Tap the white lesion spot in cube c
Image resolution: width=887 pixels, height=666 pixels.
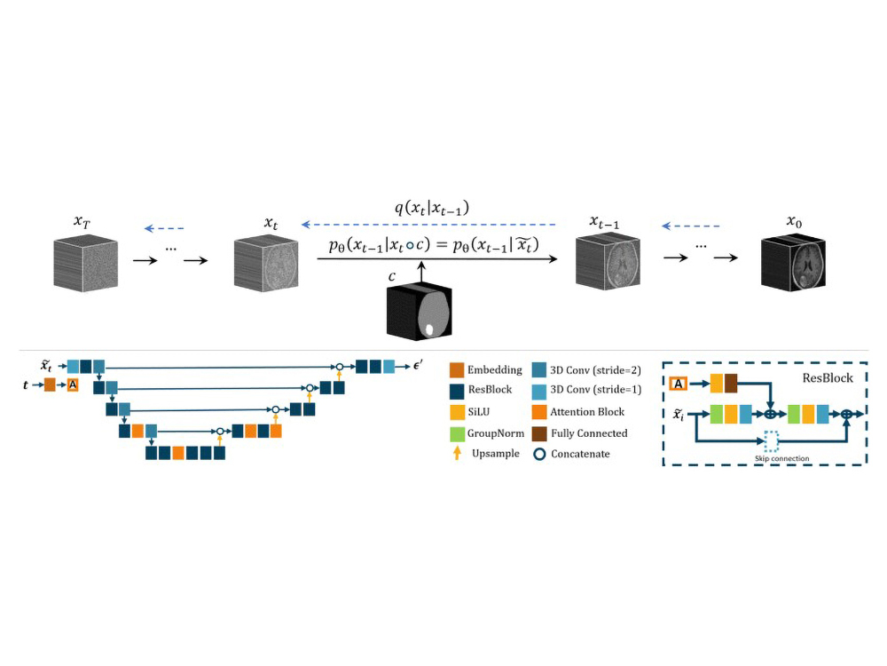pyautogui.click(x=431, y=329)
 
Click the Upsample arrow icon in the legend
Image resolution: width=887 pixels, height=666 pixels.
pyautogui.click(x=455, y=454)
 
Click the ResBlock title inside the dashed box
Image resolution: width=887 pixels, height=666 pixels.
pyautogui.click(x=827, y=378)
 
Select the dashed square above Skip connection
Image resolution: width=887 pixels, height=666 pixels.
pyautogui.click(x=772, y=440)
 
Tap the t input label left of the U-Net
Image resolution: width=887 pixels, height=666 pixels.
pyautogui.click(x=27, y=385)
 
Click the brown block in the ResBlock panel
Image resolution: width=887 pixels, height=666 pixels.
pyautogui.click(x=731, y=384)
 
